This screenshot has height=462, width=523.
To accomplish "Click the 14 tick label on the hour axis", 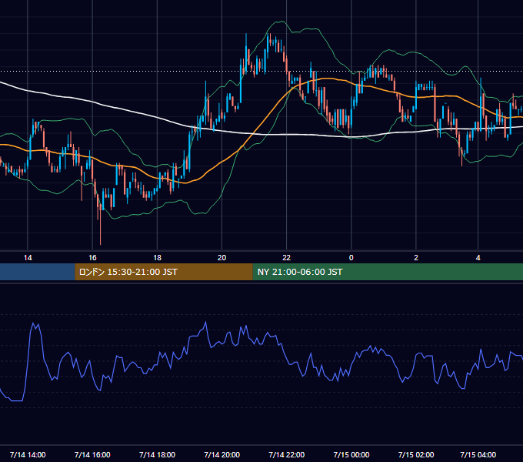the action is coord(28,258).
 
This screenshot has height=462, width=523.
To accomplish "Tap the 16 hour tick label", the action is coord(92,258).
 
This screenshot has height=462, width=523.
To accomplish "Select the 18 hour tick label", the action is coord(157,258).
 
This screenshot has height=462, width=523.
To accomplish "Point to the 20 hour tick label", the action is coord(222,258).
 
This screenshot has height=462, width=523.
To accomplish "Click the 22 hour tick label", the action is coord(287,258).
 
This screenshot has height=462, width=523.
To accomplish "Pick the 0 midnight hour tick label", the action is coord(351,258).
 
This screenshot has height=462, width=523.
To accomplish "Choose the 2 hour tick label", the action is coord(416,258).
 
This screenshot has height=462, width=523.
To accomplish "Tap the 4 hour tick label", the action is coord(478,258).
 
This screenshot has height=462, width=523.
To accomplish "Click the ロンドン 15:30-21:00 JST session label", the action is coord(128,272).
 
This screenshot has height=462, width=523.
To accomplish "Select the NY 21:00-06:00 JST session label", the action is coord(300,272).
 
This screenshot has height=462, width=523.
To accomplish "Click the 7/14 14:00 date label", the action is coord(28,454).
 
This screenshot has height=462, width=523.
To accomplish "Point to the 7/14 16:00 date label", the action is coord(92,454).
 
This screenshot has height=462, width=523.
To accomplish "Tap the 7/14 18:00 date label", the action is coord(157,454).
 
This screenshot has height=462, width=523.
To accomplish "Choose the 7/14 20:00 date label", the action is coord(222,454).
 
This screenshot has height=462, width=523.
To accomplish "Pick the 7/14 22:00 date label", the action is coord(287,454).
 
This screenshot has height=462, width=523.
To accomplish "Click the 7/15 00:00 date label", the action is coord(351,454).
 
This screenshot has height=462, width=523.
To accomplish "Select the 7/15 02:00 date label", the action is coord(416,454).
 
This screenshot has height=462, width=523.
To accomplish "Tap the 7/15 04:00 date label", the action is coord(478,454).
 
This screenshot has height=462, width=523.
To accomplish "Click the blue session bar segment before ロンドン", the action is coord(38,272).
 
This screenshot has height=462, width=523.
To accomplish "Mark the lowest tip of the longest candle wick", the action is coord(101,245).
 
